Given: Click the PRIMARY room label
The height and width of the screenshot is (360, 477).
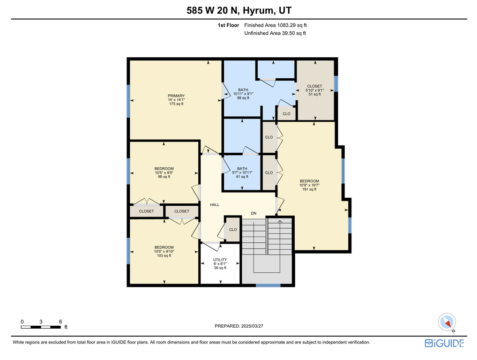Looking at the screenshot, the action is coord(176,96).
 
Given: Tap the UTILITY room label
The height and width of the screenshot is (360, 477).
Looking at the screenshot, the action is coord(220,260).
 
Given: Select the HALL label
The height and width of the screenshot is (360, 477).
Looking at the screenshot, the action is coord(215,205).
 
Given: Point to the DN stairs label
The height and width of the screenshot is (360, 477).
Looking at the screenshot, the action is coord(253,213).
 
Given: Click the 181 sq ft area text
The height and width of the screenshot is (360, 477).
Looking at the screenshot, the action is coord(309,189).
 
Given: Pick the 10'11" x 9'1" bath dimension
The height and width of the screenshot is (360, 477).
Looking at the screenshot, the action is coord(243,94).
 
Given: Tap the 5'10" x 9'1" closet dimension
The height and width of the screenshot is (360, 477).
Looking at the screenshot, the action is coord(314,90).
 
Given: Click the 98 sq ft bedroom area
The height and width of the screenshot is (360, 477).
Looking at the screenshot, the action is coord(164,177).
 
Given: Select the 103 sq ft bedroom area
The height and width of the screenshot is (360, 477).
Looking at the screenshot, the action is coord(164,255).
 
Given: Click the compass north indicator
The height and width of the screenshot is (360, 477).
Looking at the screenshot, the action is coord(447,322).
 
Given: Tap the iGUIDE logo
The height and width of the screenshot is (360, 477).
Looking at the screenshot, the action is coord(444,343).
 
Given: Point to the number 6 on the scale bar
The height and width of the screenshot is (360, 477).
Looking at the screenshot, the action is coord(60,322).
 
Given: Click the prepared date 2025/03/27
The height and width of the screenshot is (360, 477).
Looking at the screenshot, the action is coord(252,326).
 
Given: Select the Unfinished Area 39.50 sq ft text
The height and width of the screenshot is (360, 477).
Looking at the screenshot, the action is coord(275,33).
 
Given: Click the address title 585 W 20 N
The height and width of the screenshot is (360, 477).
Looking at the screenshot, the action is coord(212,11).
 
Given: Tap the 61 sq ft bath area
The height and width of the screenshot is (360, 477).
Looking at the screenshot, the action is coord(242,177).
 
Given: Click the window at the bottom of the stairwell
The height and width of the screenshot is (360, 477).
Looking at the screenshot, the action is coord(268,285).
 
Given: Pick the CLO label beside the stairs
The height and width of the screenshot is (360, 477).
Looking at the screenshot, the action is coord(233,230).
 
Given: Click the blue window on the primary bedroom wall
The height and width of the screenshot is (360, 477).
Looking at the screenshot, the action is coord(128,101).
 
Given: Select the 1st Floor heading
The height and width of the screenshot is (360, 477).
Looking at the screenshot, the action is coord(228,25).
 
